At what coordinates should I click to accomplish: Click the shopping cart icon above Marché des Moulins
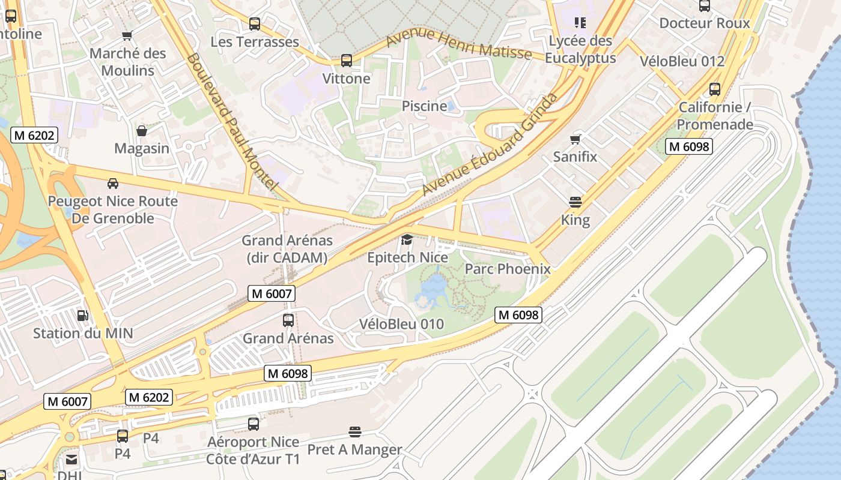[127, 35]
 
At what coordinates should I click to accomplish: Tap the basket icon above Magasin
[142, 131]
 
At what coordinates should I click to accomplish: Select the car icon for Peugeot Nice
[113, 184]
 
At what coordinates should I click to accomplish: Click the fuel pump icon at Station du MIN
[82, 315]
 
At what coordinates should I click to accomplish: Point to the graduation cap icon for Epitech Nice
[407, 240]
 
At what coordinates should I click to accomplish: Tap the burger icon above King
[575, 202]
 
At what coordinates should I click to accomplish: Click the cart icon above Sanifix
[575, 140]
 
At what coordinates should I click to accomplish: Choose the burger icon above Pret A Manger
[355, 432]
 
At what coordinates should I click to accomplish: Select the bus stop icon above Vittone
[347, 61]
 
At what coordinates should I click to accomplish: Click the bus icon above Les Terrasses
[255, 24]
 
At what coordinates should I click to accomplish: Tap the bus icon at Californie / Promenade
[715, 89]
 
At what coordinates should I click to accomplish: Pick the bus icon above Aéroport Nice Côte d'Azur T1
[254, 424]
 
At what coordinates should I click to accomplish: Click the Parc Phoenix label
[508, 269]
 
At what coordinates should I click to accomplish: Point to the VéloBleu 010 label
[401, 324]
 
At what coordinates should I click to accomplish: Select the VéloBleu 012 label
[682, 61]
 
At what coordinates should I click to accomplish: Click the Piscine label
[424, 106]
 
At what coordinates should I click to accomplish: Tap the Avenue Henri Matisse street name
[459, 46]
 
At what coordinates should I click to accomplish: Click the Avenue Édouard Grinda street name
[490, 145]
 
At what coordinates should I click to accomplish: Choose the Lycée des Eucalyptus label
[581, 50]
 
